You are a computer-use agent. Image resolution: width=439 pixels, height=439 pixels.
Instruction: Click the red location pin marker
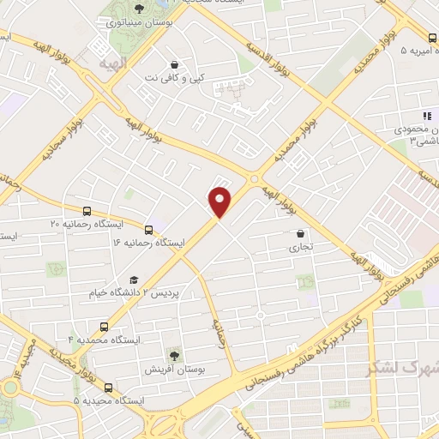click(220, 201)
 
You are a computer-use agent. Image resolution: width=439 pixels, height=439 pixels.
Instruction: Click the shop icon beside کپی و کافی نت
click(175, 64)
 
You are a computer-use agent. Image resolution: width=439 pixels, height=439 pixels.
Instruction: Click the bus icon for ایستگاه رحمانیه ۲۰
click(87, 211)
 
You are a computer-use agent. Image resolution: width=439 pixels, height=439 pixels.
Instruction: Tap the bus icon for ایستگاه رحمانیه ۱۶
click(149, 230)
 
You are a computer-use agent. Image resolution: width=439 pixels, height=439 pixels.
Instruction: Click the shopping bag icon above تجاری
click(300, 233)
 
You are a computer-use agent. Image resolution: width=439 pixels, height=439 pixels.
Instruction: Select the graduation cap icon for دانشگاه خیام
click(133, 280)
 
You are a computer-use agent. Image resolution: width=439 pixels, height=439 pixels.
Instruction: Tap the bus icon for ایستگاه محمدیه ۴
click(104, 327)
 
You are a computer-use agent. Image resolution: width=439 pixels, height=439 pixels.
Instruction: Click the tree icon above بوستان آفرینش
click(174, 353)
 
